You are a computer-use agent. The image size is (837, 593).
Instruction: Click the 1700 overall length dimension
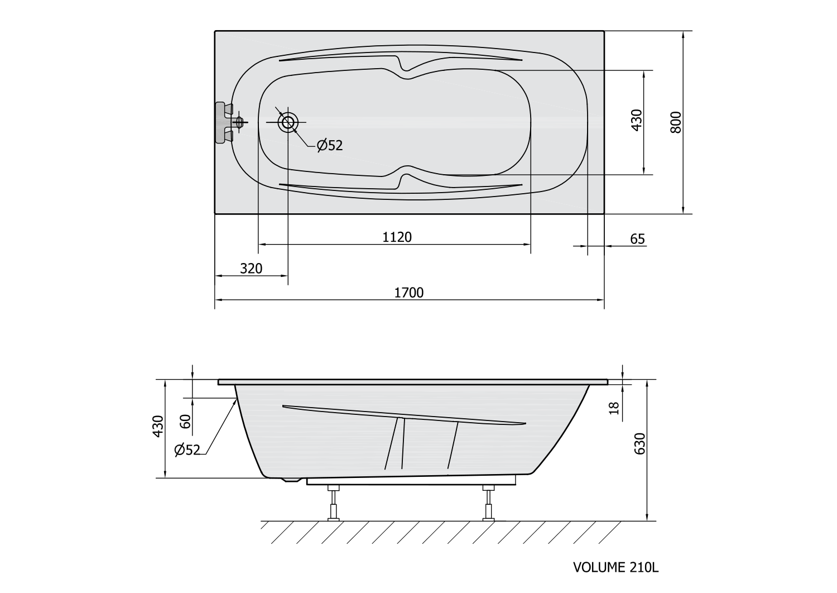(x=409, y=293)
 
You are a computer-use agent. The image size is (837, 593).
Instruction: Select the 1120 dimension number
(x=397, y=237)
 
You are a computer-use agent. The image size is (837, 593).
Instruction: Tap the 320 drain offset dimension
(x=251, y=269)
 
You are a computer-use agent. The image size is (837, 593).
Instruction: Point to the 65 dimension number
(x=637, y=240)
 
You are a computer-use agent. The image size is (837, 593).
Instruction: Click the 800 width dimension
(x=676, y=122)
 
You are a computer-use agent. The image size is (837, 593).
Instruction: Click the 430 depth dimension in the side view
(x=158, y=426)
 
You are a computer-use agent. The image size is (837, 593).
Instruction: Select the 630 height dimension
(x=639, y=444)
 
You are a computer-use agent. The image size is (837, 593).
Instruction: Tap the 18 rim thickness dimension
(x=614, y=408)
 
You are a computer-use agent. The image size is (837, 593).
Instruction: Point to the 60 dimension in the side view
(x=185, y=422)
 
